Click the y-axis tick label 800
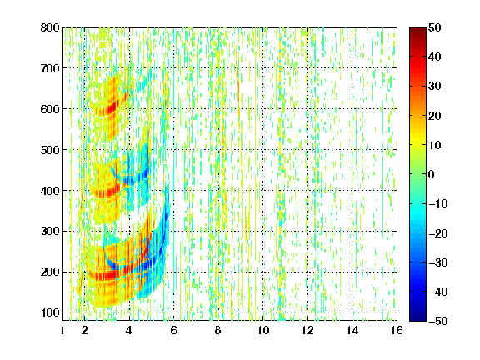(50, 27)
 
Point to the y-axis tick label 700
(50, 68)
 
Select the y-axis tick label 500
(50, 150)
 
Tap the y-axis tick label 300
(50, 231)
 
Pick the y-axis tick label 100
(50, 312)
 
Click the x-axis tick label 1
(62, 330)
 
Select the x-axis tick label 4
(129, 330)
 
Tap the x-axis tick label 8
(218, 330)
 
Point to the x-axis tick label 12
(307, 330)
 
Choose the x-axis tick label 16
(397, 330)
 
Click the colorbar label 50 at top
(435, 27)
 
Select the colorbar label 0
(432, 174)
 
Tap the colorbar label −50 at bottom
(438, 321)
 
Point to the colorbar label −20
(438, 233)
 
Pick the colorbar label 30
(435, 86)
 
